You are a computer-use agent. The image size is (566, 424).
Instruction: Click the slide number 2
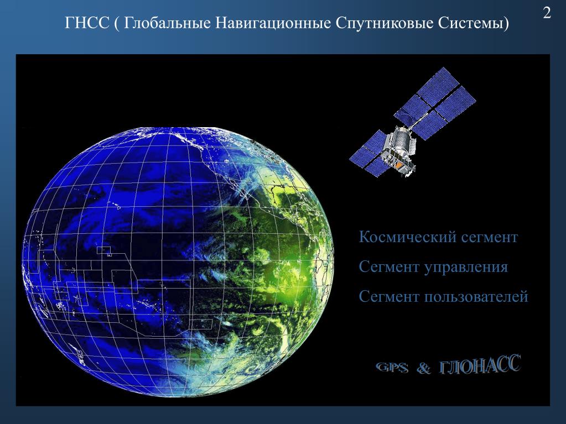tap(547, 13)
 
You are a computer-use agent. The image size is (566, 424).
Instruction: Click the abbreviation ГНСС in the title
tap(87, 23)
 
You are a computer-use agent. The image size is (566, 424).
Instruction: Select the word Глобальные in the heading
tap(168, 23)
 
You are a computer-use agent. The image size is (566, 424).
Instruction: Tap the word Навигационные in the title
tap(273, 24)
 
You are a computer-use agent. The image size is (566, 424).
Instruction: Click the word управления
tap(466, 268)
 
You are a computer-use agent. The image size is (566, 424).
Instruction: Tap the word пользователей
tap(476, 297)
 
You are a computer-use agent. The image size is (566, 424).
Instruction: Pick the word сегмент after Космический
tap(484, 238)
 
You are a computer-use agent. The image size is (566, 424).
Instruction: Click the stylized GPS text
tap(392, 368)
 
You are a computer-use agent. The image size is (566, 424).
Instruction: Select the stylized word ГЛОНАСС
tap(480, 365)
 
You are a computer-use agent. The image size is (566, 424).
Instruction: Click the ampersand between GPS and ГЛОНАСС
tap(424, 368)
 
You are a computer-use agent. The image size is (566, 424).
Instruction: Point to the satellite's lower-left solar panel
tap(368, 153)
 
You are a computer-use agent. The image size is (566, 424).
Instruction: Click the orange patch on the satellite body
tap(398, 165)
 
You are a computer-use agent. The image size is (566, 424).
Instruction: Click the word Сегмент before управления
tap(389, 267)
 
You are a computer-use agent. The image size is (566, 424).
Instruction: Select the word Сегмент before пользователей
tap(389, 297)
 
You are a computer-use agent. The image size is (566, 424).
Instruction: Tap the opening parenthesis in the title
tap(117, 24)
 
